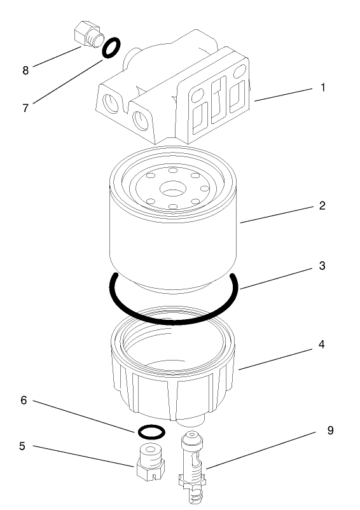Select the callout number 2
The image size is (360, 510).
click(x=322, y=205)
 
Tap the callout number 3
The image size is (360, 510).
click(x=322, y=265)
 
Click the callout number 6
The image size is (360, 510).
click(x=25, y=401)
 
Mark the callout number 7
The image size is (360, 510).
click(x=25, y=107)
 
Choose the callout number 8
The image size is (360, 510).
click(x=25, y=71)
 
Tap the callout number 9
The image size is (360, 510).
click(x=329, y=431)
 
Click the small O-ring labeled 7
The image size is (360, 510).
click(x=110, y=48)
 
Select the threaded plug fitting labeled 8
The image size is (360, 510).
click(x=86, y=35)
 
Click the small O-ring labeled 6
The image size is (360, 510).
click(x=151, y=432)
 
